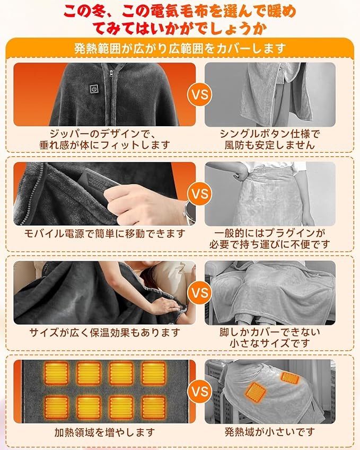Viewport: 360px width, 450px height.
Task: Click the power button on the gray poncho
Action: coord(94,89)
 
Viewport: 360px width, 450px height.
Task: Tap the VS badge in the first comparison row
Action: coord(199,95)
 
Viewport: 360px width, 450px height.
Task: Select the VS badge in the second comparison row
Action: coord(199,193)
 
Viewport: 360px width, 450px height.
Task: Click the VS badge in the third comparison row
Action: coord(199,293)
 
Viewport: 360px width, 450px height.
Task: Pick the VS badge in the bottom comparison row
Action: coord(199,392)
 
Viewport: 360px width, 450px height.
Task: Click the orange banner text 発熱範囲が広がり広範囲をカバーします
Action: coord(180,49)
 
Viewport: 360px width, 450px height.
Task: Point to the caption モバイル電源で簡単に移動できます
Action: coord(104,234)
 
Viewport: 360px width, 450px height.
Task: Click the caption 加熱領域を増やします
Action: coord(104,432)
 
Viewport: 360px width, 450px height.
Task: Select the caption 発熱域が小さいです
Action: coord(270,432)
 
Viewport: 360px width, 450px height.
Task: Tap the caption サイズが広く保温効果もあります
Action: coord(104,333)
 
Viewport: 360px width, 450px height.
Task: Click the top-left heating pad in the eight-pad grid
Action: coord(56,373)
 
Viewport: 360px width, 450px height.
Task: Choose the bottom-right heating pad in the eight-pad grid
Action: coord(154,408)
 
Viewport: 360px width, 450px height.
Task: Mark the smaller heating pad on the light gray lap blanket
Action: coord(291,377)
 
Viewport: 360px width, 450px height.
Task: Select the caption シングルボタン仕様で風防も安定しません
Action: coord(270,139)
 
